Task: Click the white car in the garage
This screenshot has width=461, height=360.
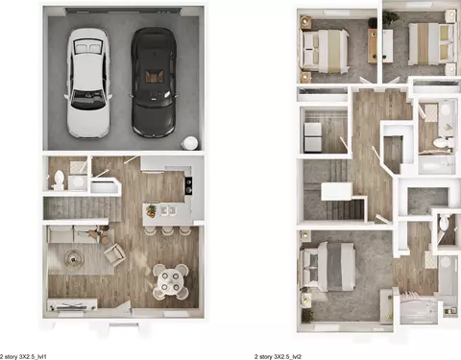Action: (88, 84)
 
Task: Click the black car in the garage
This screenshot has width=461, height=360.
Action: (154, 83)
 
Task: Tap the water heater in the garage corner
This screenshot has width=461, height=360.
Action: (190, 143)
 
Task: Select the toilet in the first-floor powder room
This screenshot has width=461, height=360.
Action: (59, 180)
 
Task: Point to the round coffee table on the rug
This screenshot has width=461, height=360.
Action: (74, 257)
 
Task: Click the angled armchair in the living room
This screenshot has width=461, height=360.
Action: (114, 254)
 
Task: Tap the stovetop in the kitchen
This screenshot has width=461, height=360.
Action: (188, 185)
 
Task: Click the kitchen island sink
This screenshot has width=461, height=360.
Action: (168, 210)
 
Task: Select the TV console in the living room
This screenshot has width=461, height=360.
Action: (72, 304)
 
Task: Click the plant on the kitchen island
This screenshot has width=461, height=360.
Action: (151, 210)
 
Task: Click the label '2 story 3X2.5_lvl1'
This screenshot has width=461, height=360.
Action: (23, 356)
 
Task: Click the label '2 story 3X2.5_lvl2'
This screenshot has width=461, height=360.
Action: (278, 356)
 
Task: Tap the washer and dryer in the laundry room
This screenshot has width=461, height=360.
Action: (313, 137)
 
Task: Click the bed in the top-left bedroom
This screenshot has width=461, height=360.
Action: (324, 50)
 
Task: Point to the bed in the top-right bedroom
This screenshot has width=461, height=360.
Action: (431, 43)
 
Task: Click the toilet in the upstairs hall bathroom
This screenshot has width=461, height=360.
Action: (443, 143)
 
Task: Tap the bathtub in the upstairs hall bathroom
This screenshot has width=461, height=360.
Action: (436, 164)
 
